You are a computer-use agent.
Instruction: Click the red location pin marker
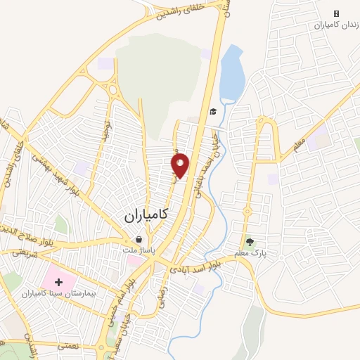point(181,165)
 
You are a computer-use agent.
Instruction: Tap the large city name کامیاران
point(148,217)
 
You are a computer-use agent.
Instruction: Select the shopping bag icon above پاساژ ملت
point(139,239)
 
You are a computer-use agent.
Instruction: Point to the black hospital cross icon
point(58,282)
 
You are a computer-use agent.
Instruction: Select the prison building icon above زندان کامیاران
point(336,13)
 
